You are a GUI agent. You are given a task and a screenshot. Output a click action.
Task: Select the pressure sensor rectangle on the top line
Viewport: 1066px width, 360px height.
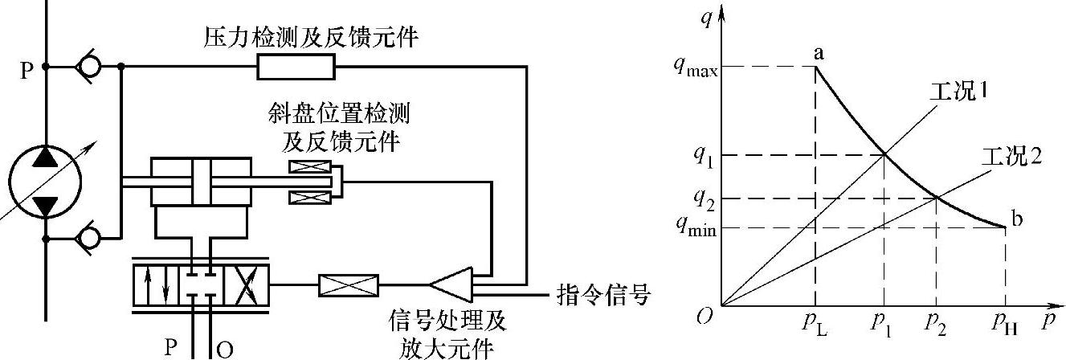coord(296,68)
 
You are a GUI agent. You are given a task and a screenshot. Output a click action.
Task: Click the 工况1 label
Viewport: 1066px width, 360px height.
coord(957,91)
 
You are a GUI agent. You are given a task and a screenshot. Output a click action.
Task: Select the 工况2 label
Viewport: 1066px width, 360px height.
coord(1011,157)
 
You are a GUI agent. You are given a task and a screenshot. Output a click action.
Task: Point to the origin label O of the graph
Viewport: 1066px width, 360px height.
coord(705,317)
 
